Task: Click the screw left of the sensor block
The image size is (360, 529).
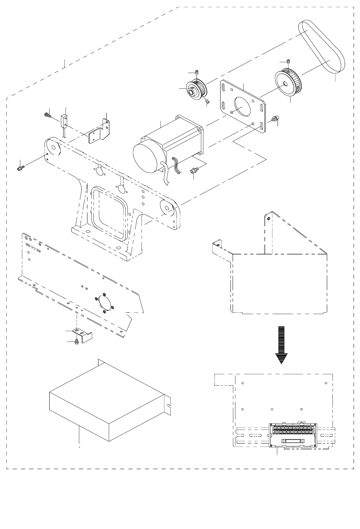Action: tap(47, 115)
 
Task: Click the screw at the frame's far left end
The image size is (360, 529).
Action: tap(21, 166)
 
